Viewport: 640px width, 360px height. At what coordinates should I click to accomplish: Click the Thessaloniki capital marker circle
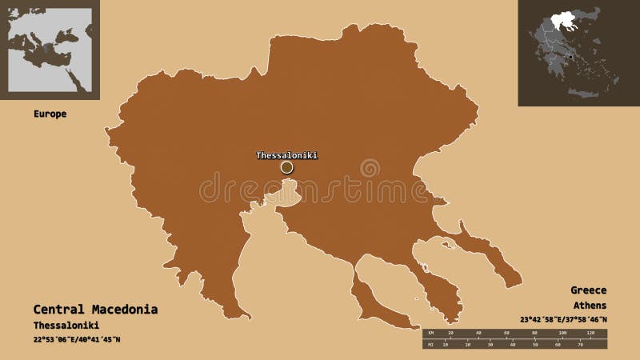point(287,167)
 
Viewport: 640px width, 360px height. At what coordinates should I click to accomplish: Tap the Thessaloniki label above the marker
point(287,155)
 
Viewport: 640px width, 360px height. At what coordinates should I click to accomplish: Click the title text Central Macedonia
point(95,309)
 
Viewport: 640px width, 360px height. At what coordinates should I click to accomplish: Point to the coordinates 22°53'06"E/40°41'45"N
point(77,340)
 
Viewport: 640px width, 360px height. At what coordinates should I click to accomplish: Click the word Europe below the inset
point(50,114)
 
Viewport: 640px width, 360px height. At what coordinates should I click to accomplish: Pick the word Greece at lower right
point(588,290)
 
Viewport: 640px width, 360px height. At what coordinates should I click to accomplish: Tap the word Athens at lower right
point(590,306)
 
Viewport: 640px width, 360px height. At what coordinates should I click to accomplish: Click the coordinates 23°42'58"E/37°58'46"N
point(563,321)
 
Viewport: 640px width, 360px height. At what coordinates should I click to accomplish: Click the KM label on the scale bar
point(430,331)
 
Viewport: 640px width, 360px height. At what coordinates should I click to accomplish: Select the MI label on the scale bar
point(430,346)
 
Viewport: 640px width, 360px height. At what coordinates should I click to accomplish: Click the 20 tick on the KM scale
point(450,331)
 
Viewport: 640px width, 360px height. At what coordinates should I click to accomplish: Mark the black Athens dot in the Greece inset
point(570,58)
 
